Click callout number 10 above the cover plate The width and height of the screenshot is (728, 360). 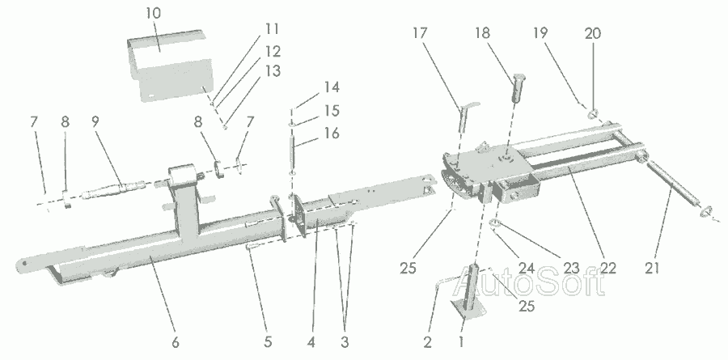point(154,14)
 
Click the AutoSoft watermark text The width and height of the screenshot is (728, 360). point(557,282)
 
